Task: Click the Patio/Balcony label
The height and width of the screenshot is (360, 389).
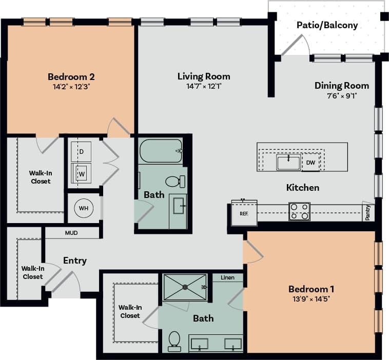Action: coord(327,25)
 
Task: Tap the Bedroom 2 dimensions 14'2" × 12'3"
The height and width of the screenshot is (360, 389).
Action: coord(71,87)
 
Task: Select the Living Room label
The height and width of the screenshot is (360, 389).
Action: coord(204,76)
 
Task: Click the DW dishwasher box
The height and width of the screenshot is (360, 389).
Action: coord(310,163)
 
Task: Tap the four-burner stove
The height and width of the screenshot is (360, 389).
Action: coord(299,211)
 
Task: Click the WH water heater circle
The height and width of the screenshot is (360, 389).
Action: coord(84,208)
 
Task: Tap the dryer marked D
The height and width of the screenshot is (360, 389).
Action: coord(81,151)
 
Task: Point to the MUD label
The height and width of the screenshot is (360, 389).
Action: coord(71,233)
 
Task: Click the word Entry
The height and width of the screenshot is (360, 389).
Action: coord(75,261)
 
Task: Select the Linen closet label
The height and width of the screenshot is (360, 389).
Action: coord(227,277)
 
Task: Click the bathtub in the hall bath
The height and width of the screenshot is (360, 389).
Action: coord(161,151)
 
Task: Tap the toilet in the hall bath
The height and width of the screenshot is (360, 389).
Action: coord(174,181)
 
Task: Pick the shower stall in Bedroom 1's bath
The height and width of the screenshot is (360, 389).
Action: coord(185,287)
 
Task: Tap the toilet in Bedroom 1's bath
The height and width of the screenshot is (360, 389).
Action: coord(174,340)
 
